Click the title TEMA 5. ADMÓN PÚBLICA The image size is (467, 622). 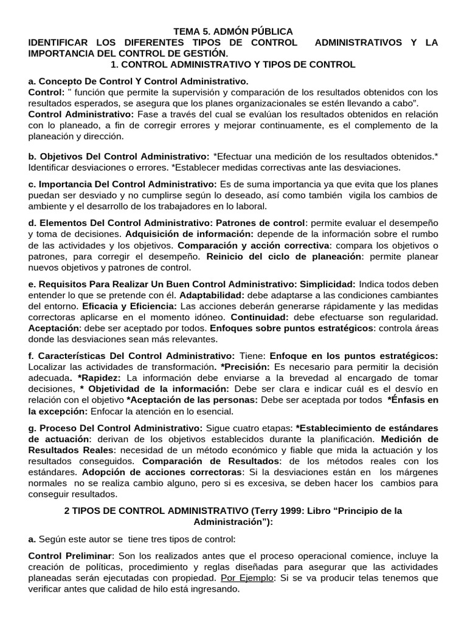point(233,31)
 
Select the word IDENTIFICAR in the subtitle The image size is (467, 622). point(59,43)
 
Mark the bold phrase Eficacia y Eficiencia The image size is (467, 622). point(130,306)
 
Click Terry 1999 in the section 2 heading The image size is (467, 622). point(270,511)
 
